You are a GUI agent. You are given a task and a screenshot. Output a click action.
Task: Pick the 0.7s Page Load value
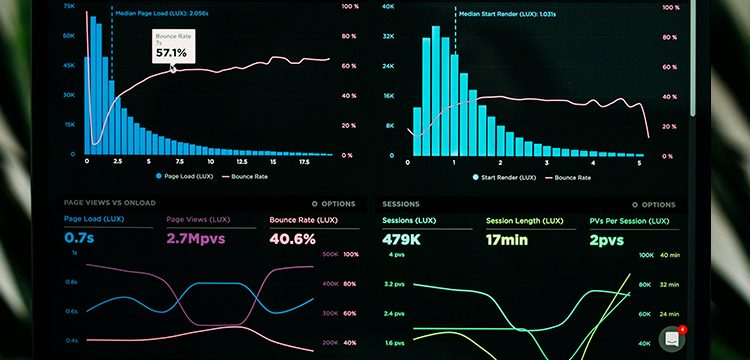click(79, 239)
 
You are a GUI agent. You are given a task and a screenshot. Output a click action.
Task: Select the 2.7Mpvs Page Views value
click(195, 239)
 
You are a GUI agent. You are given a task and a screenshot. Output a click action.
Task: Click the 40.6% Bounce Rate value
click(293, 239)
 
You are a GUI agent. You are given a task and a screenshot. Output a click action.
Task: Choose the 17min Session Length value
click(509, 239)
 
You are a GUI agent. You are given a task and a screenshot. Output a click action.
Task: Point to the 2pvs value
click(607, 239)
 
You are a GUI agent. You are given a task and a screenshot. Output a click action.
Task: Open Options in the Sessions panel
click(652, 203)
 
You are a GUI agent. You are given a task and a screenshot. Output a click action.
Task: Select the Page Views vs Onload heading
click(111, 203)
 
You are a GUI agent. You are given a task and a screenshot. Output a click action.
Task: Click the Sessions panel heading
click(401, 203)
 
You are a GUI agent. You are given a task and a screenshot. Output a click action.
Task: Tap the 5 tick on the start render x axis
click(640, 162)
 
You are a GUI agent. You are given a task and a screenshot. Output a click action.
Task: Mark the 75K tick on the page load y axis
click(69, 5)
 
